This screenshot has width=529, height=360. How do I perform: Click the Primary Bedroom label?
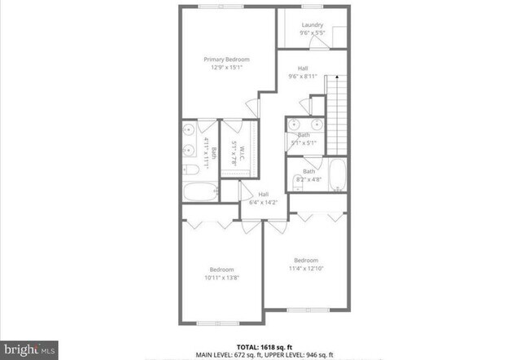(226, 59)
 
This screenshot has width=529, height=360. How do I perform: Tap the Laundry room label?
(312, 25)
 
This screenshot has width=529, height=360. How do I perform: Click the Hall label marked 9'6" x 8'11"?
(303, 68)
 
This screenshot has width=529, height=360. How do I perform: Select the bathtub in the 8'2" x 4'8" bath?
(338, 176)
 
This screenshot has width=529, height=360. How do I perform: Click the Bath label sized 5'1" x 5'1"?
(304, 134)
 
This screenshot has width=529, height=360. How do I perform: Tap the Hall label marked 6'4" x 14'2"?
(264, 194)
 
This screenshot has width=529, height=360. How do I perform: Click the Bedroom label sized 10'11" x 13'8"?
(221, 269)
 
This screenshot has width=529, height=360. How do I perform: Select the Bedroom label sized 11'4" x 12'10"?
(305, 260)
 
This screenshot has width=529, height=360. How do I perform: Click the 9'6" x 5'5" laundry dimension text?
(312, 33)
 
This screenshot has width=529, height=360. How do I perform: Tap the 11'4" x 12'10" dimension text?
(305, 268)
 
